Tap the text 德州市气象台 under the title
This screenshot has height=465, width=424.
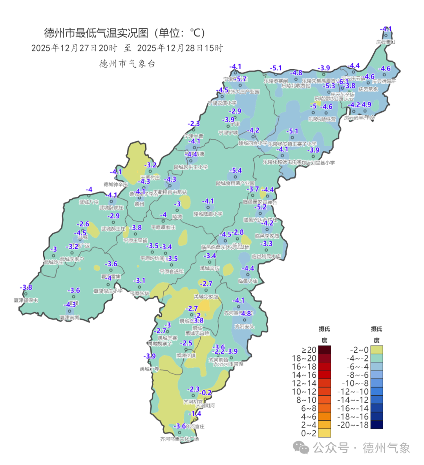[127, 64]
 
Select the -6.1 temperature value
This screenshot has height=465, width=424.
[344, 81]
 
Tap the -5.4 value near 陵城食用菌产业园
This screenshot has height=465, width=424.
[235, 170]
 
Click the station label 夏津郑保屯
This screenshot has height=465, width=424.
[26, 300]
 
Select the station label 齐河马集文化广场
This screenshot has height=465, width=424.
[179, 439]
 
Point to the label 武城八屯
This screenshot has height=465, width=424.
[89, 202]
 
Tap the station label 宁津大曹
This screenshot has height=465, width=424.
[194, 136]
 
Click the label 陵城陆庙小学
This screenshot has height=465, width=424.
[208, 214]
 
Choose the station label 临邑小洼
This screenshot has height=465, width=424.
[248, 281]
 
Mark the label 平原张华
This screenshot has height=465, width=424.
[139, 294]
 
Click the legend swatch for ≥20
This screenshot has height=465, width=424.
[325, 350]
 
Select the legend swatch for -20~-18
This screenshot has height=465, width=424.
[376, 425]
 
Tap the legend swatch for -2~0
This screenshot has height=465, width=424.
[376, 350]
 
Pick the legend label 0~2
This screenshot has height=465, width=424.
[309, 433]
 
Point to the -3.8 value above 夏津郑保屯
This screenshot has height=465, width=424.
[26, 287]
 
